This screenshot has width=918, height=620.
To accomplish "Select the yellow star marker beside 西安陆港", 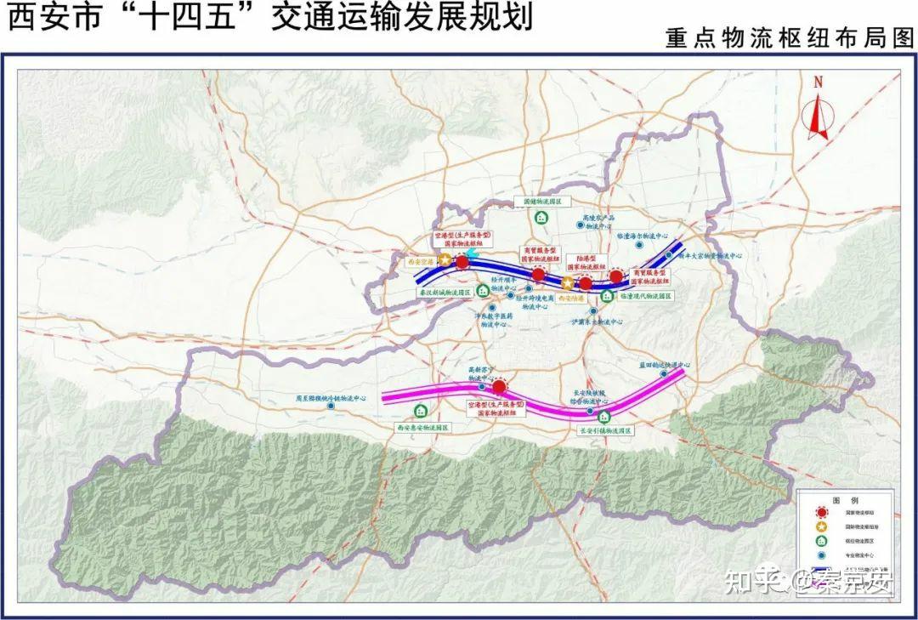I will (x=567, y=282).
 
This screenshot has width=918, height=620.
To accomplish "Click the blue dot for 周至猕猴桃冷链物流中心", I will (x=331, y=406).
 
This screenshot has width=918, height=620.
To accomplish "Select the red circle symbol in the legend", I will (x=821, y=512).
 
